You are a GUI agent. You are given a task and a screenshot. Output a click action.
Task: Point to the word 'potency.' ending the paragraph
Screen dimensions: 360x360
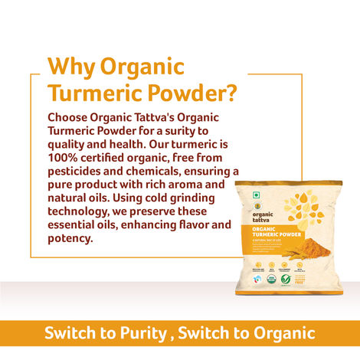[x=70, y=239]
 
